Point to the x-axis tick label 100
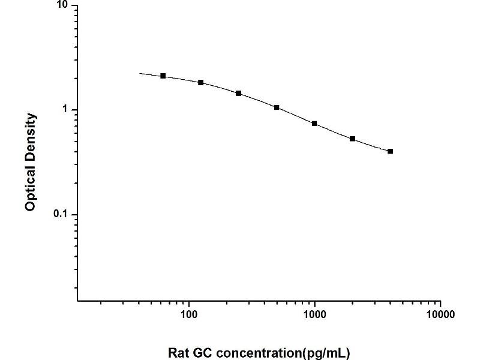(x=189, y=314)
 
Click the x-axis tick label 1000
(x=314, y=314)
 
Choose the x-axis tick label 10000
(x=440, y=314)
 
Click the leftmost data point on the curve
(x=163, y=76)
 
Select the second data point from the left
(x=201, y=82)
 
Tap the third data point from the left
(x=239, y=93)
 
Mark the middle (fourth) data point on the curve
(x=277, y=107)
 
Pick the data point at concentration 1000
(x=314, y=124)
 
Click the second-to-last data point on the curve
(x=353, y=139)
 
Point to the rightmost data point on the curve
(x=391, y=151)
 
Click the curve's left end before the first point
(x=140, y=73)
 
